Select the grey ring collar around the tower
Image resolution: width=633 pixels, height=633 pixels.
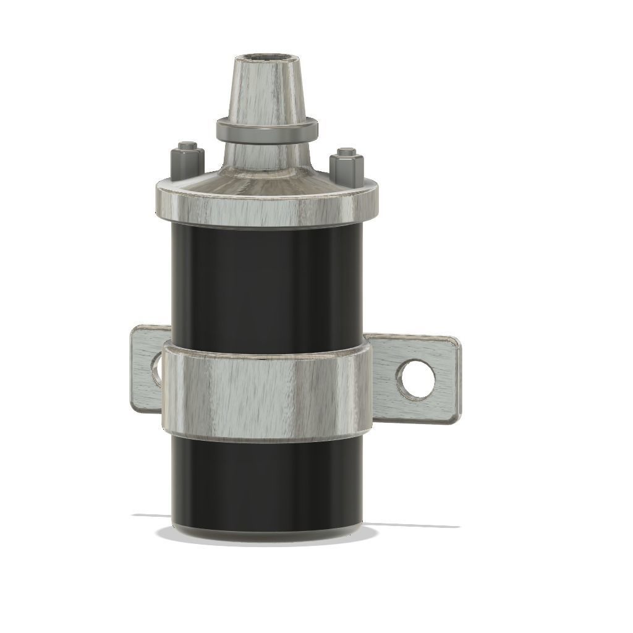click(266, 130)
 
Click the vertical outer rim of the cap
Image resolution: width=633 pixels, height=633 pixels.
click(266, 210)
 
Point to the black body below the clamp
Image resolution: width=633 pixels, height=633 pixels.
click(266, 482)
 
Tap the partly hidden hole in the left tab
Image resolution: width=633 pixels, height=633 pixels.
click(156, 371)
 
